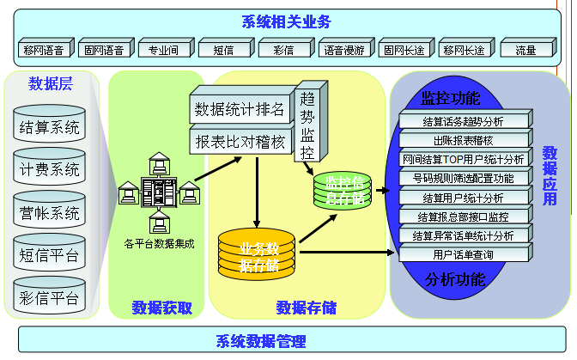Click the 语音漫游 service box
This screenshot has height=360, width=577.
pos(343,51)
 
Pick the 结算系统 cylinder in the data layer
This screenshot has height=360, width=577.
pos(49,129)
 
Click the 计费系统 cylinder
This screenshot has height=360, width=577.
pos(49,170)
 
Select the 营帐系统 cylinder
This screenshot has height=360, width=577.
pos(49,212)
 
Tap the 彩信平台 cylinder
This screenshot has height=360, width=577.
pos(49,296)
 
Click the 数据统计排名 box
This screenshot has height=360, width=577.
pos(240,109)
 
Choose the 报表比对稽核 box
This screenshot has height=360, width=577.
pos(240,139)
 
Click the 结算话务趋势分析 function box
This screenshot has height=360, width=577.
pos(465,121)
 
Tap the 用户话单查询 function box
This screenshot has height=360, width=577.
pos(465,254)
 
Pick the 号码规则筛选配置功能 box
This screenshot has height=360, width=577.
pos(465,179)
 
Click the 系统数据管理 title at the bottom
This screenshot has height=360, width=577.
pos(261,341)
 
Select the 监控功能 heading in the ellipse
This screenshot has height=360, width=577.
pos(451,96)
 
